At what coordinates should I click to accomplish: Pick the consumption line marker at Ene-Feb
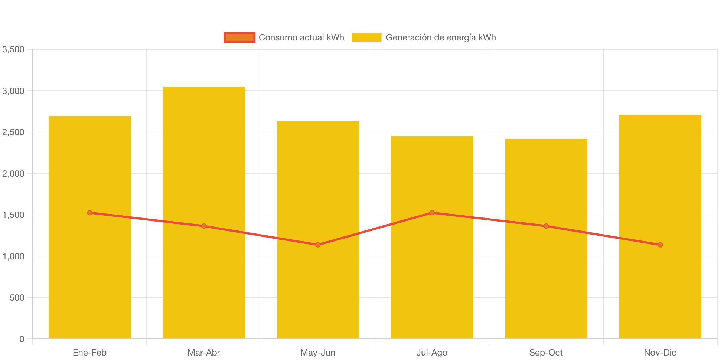90,213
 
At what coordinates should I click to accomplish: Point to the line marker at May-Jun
318,245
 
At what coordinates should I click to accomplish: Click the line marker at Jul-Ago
432,213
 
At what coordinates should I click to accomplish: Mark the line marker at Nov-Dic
660,245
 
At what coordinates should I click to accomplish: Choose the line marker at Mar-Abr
204,226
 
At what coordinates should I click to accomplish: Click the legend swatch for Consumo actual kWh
239,37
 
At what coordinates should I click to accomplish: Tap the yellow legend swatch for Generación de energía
366,37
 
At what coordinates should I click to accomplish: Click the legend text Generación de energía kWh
441,37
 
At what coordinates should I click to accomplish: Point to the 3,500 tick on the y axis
13,49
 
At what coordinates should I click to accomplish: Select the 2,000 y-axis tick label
13,174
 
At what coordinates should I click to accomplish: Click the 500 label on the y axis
17,298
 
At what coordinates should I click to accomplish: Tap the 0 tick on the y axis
22,339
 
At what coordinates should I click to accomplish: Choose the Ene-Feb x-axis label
90,353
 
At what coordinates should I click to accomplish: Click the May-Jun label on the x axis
318,353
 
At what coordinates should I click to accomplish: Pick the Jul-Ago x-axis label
432,353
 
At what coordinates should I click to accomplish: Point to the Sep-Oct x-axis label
546,353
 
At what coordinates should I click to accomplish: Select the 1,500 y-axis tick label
13,215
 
